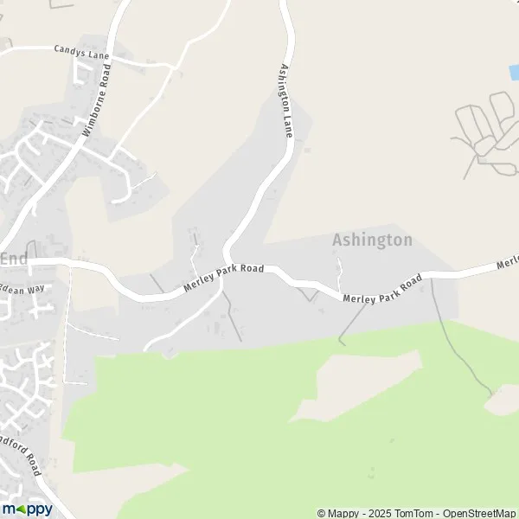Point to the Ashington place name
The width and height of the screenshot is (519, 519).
click(x=372, y=240)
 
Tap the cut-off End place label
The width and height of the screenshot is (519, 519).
click(x=13, y=259)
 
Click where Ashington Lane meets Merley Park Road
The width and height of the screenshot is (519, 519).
click(x=227, y=260)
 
